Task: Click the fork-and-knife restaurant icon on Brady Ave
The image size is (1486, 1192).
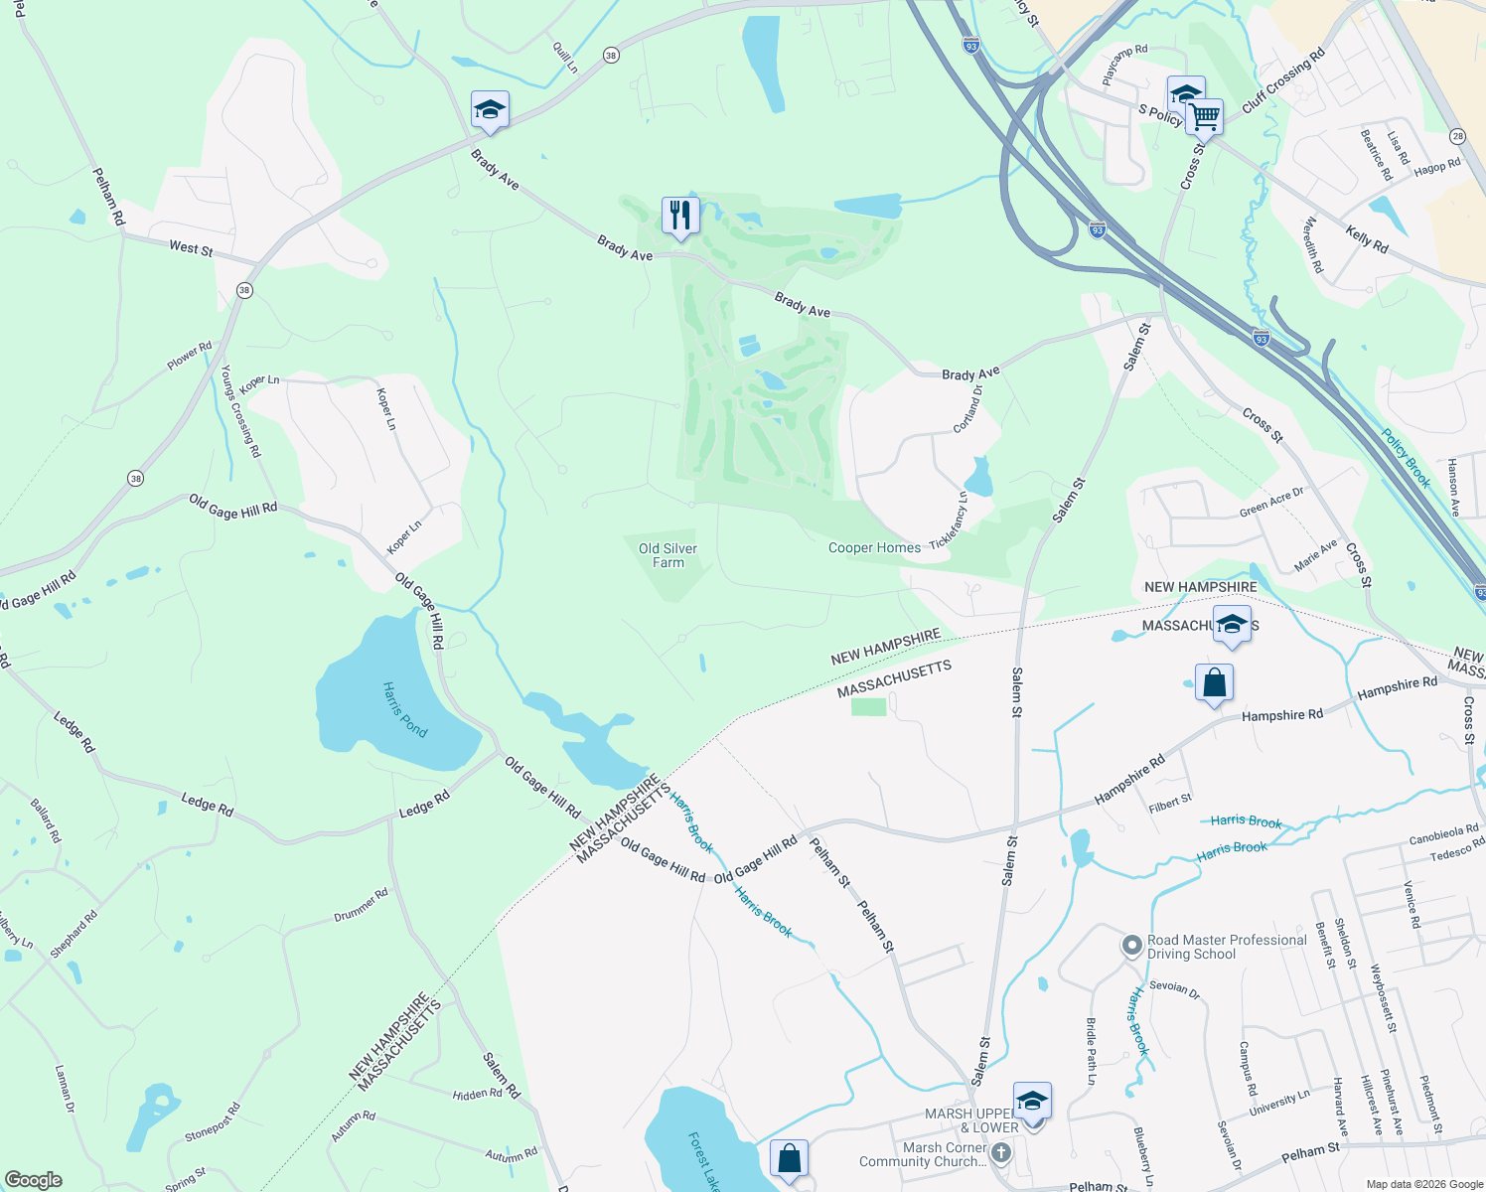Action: (x=680, y=215)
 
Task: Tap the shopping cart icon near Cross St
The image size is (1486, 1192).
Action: (x=1205, y=116)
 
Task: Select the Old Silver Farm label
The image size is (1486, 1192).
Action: (x=668, y=555)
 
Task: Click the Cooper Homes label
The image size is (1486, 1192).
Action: (x=874, y=547)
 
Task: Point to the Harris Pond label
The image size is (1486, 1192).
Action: (x=405, y=709)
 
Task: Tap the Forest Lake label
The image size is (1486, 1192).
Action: (x=703, y=1160)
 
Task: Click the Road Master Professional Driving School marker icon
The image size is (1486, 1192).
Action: (x=1131, y=946)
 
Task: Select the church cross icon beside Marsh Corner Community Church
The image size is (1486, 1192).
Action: (x=1001, y=1153)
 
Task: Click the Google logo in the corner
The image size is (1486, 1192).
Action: (x=34, y=1180)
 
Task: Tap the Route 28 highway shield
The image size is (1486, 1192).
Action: (x=1457, y=136)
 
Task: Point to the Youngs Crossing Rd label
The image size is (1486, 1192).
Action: (x=240, y=411)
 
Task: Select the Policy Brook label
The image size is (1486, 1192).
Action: (x=1407, y=458)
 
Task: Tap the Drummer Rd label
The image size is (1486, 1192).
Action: (x=361, y=905)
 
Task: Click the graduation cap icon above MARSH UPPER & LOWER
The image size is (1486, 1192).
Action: (x=1032, y=1101)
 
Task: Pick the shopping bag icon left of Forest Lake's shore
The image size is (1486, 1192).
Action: (x=790, y=1158)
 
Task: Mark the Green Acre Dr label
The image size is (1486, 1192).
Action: (x=1271, y=503)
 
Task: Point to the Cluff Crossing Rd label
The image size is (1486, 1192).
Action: (x=1283, y=79)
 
